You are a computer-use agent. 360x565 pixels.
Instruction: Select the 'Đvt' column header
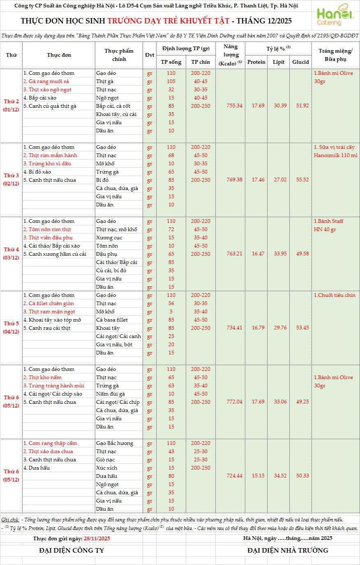[x=150, y=55]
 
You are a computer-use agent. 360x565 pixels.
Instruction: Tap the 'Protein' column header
[x=256, y=62]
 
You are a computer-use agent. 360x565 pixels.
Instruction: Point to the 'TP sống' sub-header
[x=171, y=62]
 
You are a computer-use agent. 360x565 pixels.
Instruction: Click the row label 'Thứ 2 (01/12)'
[x=12, y=106]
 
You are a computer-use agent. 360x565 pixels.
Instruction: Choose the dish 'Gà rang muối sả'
[x=46, y=81]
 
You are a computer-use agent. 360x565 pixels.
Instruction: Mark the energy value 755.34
[x=234, y=106]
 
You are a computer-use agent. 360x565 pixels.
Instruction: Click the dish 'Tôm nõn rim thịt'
[x=47, y=229]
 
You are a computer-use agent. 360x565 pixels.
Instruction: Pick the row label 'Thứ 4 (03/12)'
[x=12, y=254]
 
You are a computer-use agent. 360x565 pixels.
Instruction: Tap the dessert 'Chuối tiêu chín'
[x=335, y=295]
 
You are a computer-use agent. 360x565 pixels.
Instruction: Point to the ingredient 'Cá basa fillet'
[x=112, y=320]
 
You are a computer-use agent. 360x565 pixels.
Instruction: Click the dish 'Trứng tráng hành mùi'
[x=53, y=386]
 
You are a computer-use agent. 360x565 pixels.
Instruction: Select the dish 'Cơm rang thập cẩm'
[x=50, y=443]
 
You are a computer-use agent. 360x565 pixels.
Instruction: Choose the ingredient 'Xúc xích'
[x=106, y=468]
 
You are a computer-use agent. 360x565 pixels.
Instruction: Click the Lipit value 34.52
[x=280, y=476]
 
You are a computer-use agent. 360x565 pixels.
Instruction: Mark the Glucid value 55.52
[x=302, y=180]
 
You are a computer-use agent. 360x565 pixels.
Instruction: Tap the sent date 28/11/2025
[x=97, y=538]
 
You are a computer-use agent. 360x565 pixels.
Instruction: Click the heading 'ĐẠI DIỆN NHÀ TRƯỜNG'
[x=288, y=551]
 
